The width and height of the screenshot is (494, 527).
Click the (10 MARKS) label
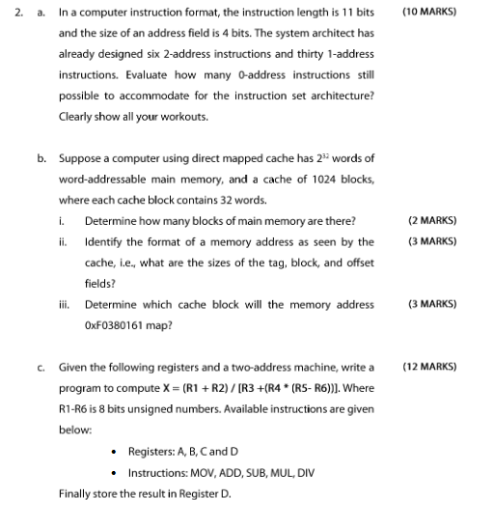click(428, 13)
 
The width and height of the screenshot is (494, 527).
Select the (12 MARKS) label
click(428, 367)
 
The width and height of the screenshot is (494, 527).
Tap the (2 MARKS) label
click(432, 220)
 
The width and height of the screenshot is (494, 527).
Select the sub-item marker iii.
click(64, 304)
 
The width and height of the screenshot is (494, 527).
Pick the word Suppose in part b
click(81, 157)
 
